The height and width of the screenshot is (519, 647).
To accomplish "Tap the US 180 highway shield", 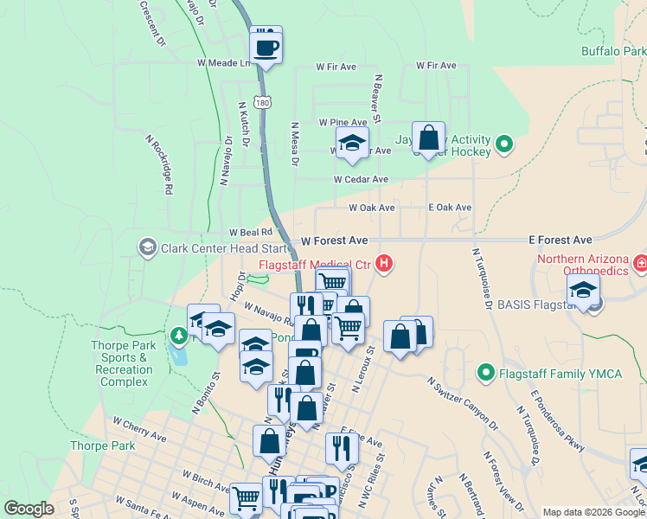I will (263, 102).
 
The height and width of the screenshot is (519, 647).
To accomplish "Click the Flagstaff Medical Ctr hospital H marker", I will (383, 264).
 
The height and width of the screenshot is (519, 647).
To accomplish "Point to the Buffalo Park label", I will (612, 51).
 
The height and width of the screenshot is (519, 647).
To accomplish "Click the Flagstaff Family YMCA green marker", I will (485, 375).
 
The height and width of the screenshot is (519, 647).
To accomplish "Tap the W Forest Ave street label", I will (335, 240).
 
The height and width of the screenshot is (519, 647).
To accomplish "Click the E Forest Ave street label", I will (561, 240).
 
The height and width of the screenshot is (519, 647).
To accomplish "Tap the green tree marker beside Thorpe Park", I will (178, 334).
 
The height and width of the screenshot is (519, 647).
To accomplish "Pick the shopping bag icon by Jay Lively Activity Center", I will (428, 138).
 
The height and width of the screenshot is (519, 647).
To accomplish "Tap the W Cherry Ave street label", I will (139, 428).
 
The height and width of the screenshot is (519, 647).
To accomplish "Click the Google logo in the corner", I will (29, 509).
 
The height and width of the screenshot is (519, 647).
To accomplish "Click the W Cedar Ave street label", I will (362, 179).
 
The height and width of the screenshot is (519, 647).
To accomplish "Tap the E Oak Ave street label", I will (450, 208).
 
